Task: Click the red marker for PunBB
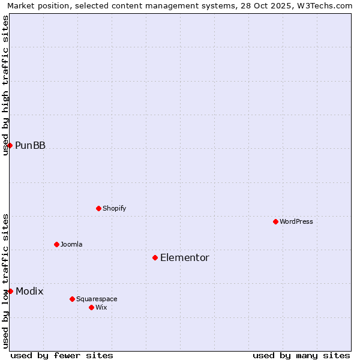click(10, 145)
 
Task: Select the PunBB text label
click(30, 145)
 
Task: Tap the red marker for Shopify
click(98, 208)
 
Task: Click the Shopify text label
click(114, 208)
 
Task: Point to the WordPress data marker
click(275, 221)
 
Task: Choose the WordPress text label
click(296, 221)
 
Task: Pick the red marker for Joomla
click(56, 244)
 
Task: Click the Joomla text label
click(71, 244)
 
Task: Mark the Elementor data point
click(155, 257)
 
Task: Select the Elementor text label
click(185, 257)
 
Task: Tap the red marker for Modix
click(10, 291)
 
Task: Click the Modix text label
click(29, 291)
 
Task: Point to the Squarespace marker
click(72, 299)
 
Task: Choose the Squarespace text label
click(97, 299)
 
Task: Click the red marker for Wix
click(91, 307)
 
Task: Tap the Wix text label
click(101, 307)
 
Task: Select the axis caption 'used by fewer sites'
click(62, 355)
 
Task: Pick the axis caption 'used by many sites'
click(301, 355)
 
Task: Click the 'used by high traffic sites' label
click(5, 85)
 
